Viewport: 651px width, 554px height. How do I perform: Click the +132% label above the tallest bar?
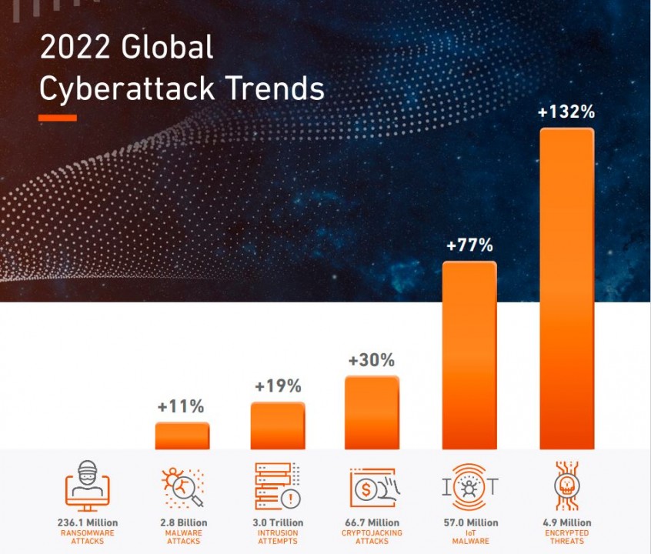[x=566, y=112]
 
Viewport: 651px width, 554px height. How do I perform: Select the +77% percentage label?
[x=469, y=246]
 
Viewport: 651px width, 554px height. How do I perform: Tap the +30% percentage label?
[x=371, y=360]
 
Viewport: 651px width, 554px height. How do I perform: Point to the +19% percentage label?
[x=277, y=386]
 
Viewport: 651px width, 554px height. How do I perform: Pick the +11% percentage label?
[x=182, y=407]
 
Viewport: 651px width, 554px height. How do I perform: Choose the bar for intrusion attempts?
[x=277, y=426]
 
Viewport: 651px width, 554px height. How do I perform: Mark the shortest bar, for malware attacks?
[x=182, y=436]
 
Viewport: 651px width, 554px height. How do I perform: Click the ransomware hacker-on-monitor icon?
[x=87, y=485]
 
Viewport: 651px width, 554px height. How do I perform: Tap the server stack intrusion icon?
[x=277, y=485]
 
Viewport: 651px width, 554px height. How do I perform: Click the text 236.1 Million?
[x=87, y=523]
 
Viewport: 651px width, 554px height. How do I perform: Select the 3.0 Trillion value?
[x=277, y=523]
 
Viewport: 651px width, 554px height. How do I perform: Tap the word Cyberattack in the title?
[x=115, y=88]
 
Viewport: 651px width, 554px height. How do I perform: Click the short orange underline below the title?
[x=58, y=118]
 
